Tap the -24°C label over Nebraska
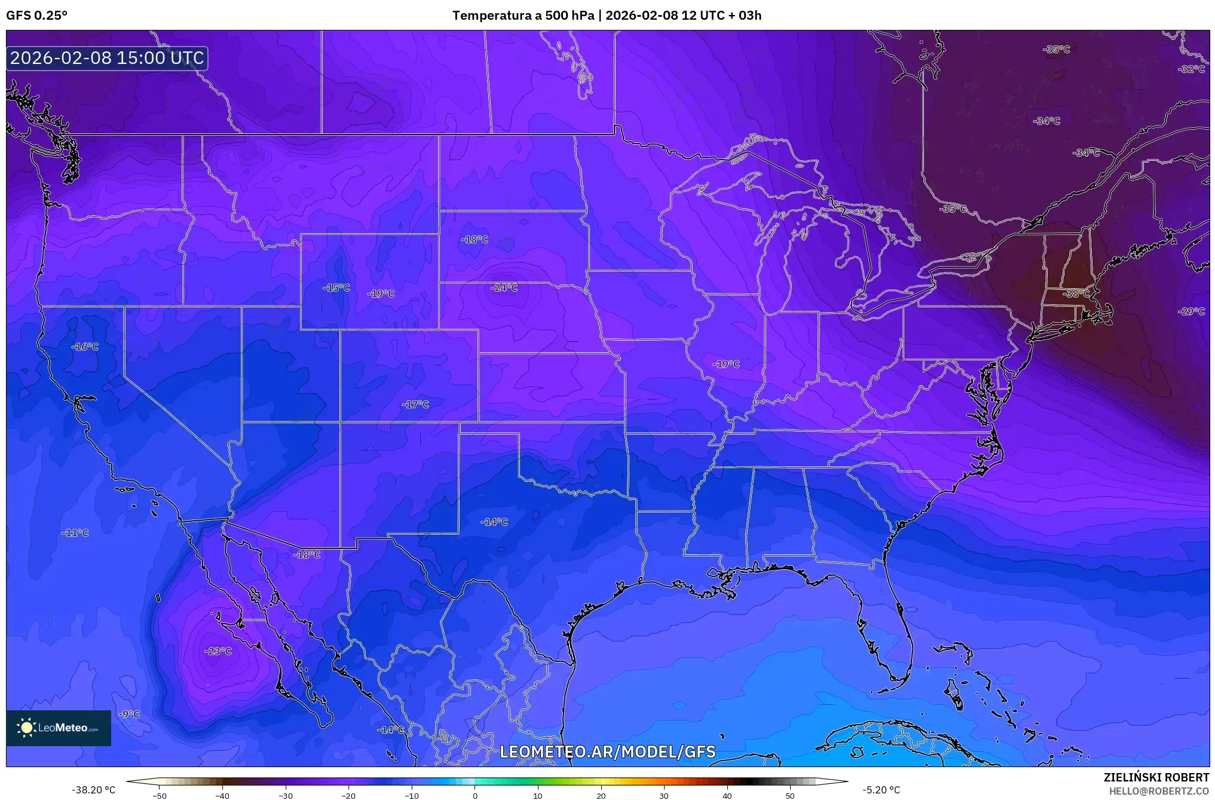504,288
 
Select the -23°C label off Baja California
218,651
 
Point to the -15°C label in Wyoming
336,288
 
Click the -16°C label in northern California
85,347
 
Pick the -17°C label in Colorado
415,404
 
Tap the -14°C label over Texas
494,522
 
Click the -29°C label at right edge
1191,312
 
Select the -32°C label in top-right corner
1191,69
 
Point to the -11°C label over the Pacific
75,533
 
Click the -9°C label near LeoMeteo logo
129,714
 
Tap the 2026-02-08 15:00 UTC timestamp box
107,58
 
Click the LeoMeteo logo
59,728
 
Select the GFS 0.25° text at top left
37,16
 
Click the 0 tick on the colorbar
475,795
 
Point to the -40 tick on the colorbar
222,795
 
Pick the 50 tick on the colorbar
790,795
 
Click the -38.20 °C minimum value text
94,790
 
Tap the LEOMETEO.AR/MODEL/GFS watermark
607,752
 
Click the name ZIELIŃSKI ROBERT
1156,777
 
